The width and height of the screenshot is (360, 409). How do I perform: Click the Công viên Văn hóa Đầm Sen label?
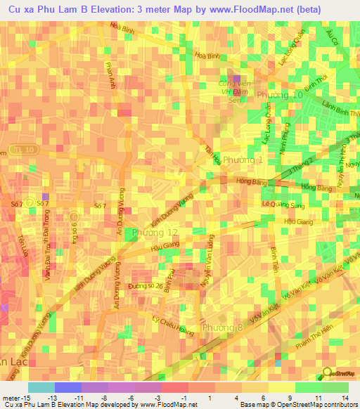click(235, 92)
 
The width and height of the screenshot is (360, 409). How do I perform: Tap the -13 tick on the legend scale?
click(51, 396)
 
